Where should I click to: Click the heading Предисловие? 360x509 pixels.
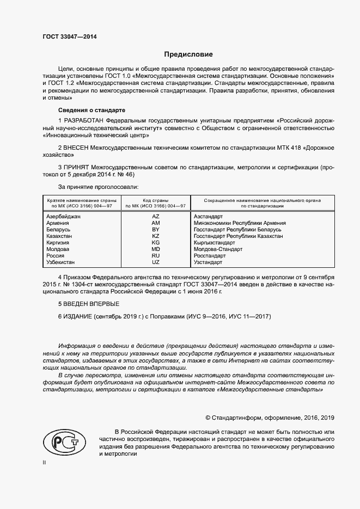[188, 54]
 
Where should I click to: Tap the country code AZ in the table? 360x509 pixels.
[155, 216]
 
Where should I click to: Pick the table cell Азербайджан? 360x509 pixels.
[64, 216]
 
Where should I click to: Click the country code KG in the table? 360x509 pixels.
[155, 242]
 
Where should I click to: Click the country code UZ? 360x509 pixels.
[155, 262]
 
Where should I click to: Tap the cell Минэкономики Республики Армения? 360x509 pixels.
[240, 223]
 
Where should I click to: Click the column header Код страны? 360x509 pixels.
[155, 201]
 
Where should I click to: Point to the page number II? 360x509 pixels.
[45, 462]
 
